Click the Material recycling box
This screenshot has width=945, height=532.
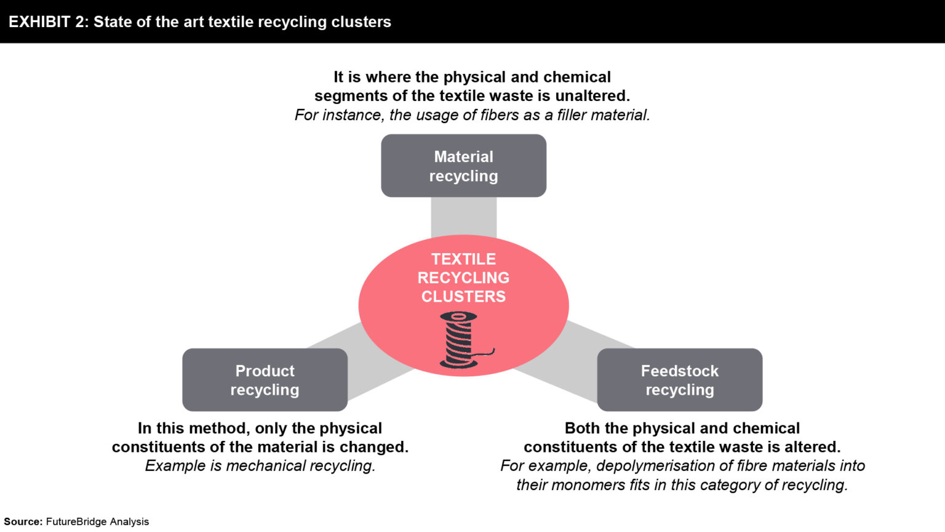click(x=463, y=166)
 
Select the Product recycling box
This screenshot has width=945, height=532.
click(x=265, y=380)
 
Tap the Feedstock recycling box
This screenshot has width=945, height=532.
click(x=679, y=380)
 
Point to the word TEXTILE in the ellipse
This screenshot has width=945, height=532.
click(x=463, y=259)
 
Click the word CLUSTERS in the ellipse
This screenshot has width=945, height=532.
click(x=463, y=297)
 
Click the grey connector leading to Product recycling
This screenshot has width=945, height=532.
click(x=369, y=363)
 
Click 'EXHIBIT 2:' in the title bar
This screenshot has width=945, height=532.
click(x=49, y=22)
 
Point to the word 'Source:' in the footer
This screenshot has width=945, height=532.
click(x=23, y=522)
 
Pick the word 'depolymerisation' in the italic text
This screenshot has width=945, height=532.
click(x=650, y=466)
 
